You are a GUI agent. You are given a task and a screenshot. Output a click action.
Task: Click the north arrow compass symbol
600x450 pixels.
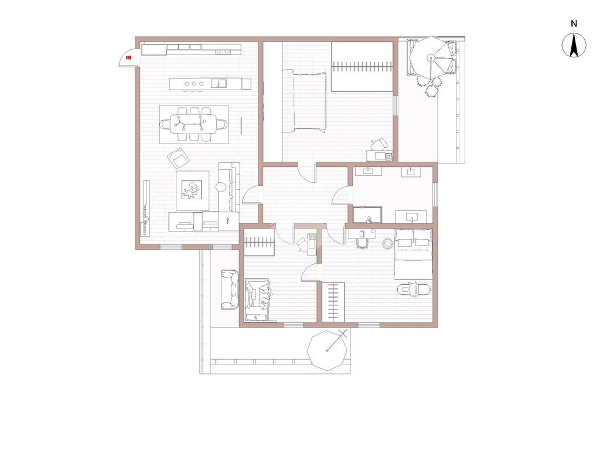tap(574, 45)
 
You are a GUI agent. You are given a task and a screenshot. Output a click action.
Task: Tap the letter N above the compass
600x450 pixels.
tap(574, 23)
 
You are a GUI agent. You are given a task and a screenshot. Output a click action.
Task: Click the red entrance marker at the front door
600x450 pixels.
tap(128, 58)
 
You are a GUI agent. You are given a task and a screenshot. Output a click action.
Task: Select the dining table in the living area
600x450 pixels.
tap(193, 124)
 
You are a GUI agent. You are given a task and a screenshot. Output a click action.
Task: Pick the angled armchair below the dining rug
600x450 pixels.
tap(178, 157)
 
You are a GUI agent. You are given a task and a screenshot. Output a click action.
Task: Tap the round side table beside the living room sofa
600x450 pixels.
tap(221, 187)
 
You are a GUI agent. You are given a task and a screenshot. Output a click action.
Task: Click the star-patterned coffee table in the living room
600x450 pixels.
tap(192, 190)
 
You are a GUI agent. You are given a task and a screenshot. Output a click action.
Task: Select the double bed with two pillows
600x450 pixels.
tap(413, 254)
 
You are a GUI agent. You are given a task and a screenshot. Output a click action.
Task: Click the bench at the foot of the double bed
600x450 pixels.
tap(414, 289)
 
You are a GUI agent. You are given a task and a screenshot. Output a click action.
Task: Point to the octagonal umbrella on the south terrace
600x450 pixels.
tap(328, 350)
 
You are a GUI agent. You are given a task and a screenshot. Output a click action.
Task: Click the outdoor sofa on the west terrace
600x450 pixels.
tap(229, 289)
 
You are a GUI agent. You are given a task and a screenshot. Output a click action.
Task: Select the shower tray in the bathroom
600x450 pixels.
tap(367, 214)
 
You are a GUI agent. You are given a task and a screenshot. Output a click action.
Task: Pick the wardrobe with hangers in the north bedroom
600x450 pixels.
tap(362, 67)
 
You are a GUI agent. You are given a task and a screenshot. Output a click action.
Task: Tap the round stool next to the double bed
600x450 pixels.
tap(388, 244)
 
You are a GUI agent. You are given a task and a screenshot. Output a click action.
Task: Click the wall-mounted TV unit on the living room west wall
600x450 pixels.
tap(145, 208)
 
